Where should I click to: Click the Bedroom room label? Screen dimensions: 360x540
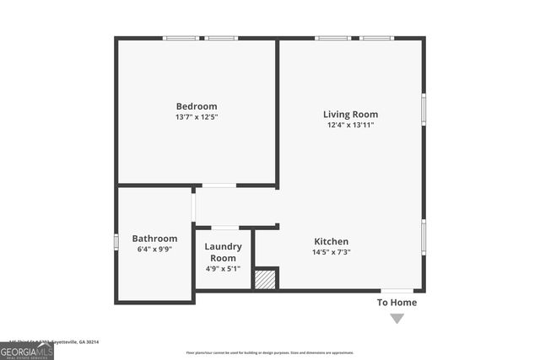[x=197, y=105]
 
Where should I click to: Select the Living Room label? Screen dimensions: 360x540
[x=350, y=114]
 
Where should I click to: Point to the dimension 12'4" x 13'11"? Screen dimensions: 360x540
[x=350, y=125]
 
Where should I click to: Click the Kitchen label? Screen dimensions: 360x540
[x=332, y=241]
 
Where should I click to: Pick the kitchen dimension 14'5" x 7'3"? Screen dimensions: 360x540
[x=332, y=252]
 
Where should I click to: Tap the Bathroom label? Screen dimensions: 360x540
[x=154, y=239]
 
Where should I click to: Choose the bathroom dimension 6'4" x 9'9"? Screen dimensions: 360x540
[x=154, y=250]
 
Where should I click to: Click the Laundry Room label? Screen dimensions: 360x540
[x=224, y=252]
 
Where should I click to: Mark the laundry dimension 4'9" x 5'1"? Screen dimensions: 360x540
[x=224, y=269]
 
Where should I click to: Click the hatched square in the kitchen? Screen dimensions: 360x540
[x=266, y=279]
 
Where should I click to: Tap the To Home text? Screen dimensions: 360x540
[x=397, y=303]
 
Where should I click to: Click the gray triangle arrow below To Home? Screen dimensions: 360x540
[x=397, y=319]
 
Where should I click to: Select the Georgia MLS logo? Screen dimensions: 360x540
[x=27, y=349]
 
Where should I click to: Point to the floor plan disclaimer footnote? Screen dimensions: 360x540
[x=270, y=352]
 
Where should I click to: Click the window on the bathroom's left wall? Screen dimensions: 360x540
[x=116, y=241]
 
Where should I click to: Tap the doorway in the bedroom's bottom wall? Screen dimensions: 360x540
[x=219, y=185]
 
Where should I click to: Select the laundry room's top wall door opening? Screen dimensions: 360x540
[x=224, y=227]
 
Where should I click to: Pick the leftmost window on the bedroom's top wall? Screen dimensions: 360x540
[x=180, y=38]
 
